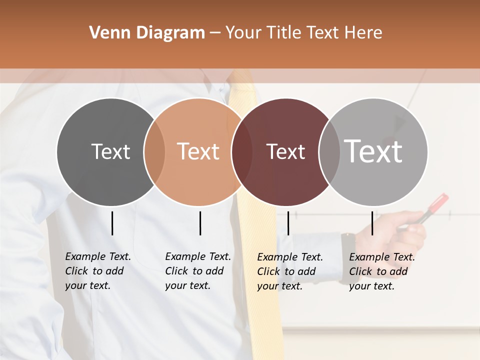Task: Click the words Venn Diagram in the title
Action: pyautogui.click(x=147, y=33)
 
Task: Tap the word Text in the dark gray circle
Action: pyautogui.click(x=110, y=151)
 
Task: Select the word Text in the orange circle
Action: pyautogui.click(x=198, y=151)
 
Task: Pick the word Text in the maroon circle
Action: pyautogui.click(x=285, y=151)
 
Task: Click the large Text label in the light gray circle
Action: pyautogui.click(x=373, y=151)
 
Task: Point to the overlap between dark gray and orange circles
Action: pyautogui.click(x=154, y=152)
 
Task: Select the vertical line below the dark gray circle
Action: pyautogui.click(x=112, y=223)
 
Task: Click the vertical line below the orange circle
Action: pyautogui.click(x=200, y=223)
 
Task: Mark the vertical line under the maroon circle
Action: pyautogui.click(x=288, y=223)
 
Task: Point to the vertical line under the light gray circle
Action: pyautogui.click(x=372, y=223)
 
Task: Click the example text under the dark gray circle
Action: pyautogui.click(x=98, y=271)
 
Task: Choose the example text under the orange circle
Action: pyautogui.click(x=198, y=271)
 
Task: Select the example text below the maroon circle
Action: pyautogui.click(x=290, y=271)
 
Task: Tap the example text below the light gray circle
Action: pyautogui.click(x=382, y=271)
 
